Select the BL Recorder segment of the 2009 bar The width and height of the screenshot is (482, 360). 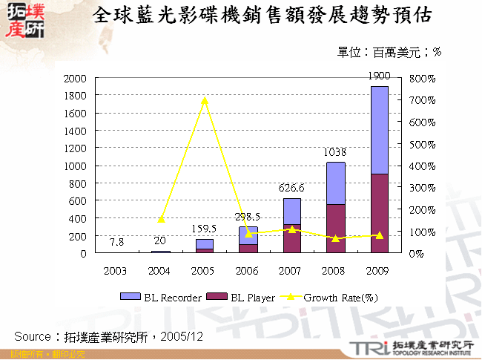click(380, 130)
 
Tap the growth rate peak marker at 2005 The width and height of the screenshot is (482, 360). click(205, 99)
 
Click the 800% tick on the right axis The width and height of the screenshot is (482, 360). click(421, 78)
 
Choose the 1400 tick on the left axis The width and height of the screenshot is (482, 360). click(76, 131)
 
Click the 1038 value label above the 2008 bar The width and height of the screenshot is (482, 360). click(336, 152)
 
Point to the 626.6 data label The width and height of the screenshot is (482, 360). click(292, 188)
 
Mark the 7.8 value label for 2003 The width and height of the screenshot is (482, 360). click(116, 243)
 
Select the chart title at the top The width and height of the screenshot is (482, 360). click(264, 16)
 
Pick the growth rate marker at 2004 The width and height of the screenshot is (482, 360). click(161, 220)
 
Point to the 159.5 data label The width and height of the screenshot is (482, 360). click(205, 229)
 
